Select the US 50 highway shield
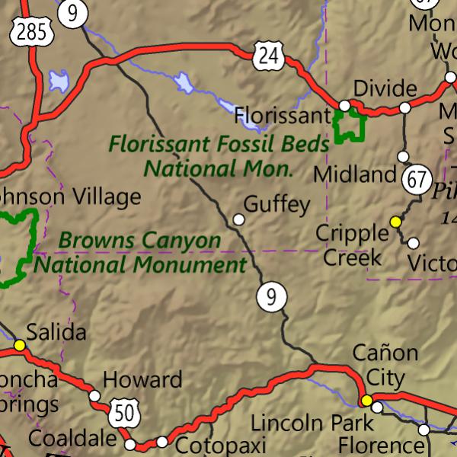click(123, 412)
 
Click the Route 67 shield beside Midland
click(416, 180)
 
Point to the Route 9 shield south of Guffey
click(270, 296)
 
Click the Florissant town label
click(282, 116)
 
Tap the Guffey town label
click(276, 204)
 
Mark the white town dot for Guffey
click(239, 219)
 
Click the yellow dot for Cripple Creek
click(395, 222)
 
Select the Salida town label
click(56, 333)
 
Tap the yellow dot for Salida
click(19, 346)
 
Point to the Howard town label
click(142, 379)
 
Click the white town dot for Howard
click(94, 395)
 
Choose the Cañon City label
click(385, 364)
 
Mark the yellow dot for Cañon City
click(366, 401)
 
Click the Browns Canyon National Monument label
click(141, 253)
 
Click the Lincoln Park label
click(312, 423)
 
